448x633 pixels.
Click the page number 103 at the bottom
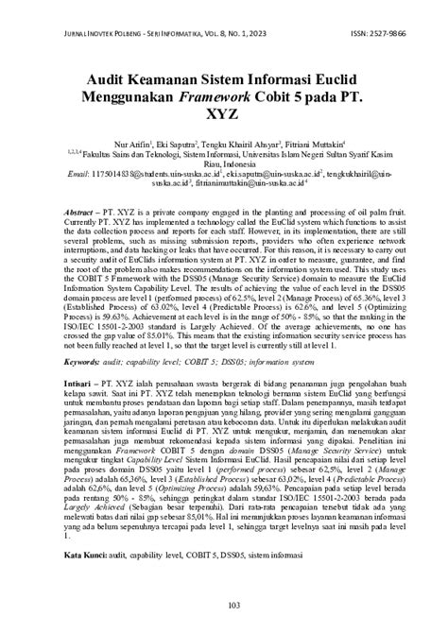(224, 606)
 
